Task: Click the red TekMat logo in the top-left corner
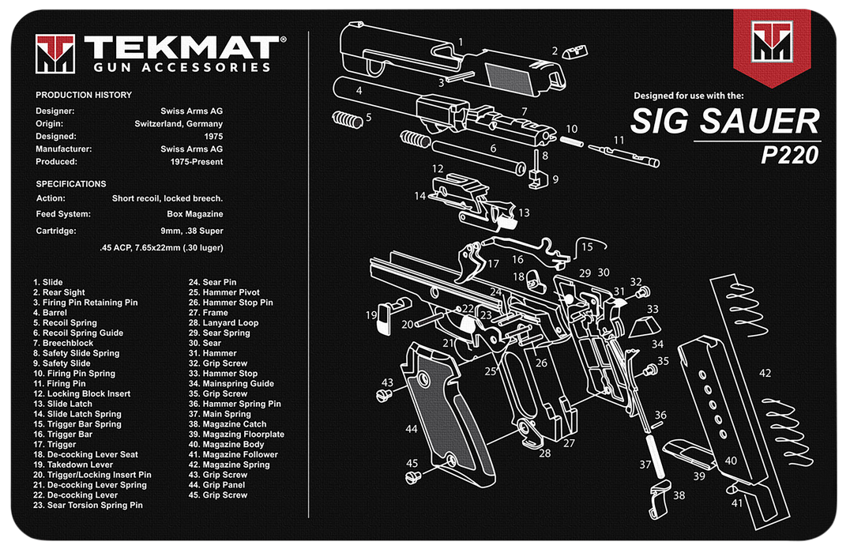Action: point(55,53)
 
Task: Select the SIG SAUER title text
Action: point(724,122)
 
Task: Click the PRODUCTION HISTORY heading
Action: point(84,95)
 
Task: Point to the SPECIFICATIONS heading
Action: point(71,183)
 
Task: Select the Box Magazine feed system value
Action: point(194,213)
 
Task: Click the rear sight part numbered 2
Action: point(572,52)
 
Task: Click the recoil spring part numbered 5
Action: point(347,120)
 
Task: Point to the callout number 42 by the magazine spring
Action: point(765,373)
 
